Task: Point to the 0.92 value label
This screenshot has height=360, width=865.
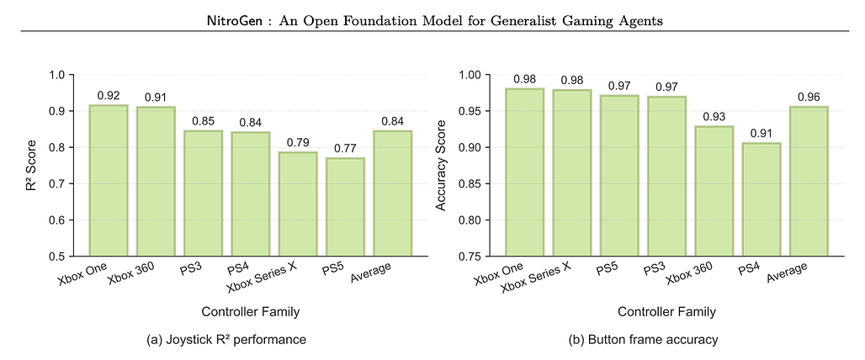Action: pyautogui.click(x=108, y=95)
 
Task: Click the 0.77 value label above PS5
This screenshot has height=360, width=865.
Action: pyautogui.click(x=345, y=148)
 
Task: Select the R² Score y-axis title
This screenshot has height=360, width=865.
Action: pyautogui.click(x=31, y=165)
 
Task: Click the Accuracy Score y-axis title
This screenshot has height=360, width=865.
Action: pyautogui.click(x=438, y=165)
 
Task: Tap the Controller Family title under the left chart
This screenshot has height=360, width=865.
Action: pyautogui.click(x=251, y=312)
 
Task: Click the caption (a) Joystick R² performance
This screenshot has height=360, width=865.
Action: pyautogui.click(x=225, y=340)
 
